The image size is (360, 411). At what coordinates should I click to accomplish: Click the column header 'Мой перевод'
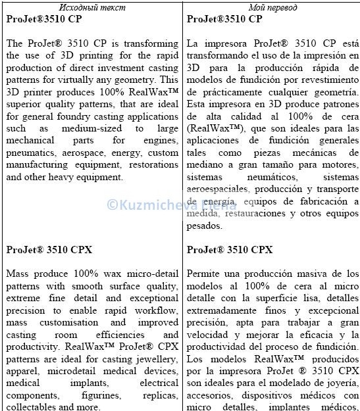point(272,7)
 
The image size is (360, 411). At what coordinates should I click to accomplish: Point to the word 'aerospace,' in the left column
point(86,153)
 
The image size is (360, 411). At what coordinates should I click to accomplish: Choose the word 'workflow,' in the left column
point(157,310)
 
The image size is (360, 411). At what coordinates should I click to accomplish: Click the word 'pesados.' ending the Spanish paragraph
point(205,226)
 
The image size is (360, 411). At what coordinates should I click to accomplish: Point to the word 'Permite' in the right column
point(204,274)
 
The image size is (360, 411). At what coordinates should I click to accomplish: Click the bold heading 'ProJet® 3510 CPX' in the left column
point(49,249)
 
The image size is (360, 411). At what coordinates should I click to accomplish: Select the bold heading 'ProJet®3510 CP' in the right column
point(224,19)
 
